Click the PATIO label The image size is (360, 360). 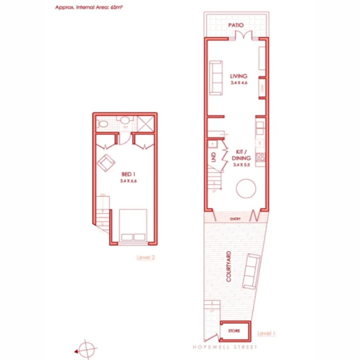click(236, 25)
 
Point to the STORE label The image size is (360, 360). click(234, 331)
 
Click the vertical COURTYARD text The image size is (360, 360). click(229, 267)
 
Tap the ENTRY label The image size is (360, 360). click(235, 219)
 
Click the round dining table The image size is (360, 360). click(246, 189)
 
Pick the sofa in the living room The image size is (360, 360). click(216, 78)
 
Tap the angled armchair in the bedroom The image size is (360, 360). click(106, 163)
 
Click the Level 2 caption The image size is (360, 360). click(146, 257)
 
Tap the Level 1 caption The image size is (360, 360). click(266, 333)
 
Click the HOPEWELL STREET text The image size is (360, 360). click(225, 347)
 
